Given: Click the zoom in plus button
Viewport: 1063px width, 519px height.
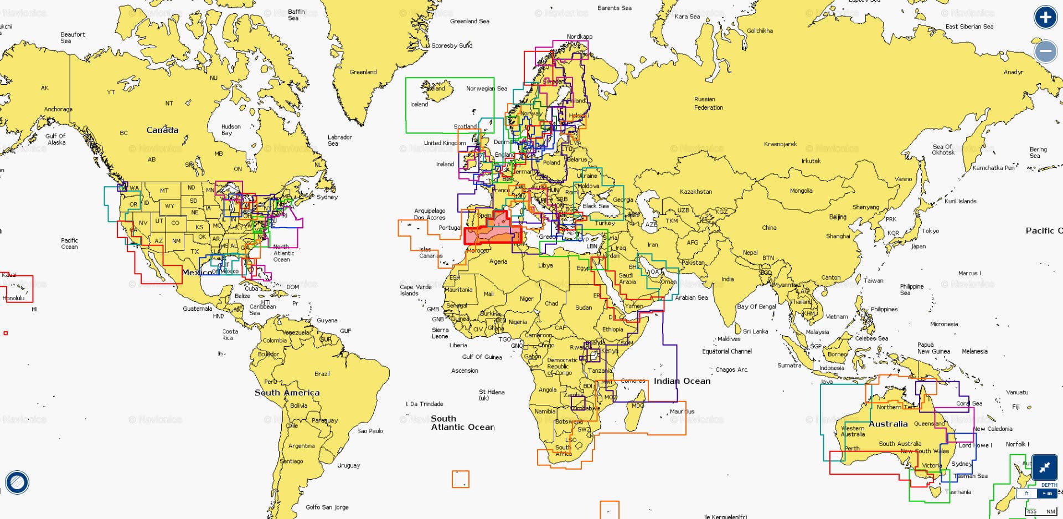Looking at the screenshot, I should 1045,18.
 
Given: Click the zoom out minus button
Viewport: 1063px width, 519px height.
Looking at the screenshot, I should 1045,52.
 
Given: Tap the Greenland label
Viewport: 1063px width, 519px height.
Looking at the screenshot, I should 363,72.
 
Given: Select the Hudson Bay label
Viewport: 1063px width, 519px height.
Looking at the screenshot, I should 230,130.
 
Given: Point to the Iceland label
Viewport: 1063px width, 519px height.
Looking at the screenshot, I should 419,104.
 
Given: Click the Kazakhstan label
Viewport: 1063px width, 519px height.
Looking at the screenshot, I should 696,192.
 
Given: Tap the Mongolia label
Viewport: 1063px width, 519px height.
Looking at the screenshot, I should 801,191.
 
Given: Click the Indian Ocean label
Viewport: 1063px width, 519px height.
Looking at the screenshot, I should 682,381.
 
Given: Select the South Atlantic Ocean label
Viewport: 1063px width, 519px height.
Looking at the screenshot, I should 462,423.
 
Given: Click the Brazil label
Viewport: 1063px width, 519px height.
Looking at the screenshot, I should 322,374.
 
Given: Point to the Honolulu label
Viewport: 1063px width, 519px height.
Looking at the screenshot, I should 13,298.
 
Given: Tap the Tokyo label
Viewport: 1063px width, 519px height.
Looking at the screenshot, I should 930,231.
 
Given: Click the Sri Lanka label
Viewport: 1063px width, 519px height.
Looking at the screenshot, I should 755,331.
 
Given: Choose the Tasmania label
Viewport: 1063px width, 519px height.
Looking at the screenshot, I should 958,492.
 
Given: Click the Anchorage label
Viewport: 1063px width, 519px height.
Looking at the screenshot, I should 58,109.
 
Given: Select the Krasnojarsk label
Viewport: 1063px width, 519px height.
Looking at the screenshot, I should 780,144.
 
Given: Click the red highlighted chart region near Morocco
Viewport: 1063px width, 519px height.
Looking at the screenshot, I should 493,235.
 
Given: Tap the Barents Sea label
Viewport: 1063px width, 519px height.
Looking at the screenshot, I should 614,8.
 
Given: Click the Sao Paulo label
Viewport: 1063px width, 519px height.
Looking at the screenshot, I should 370,431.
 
